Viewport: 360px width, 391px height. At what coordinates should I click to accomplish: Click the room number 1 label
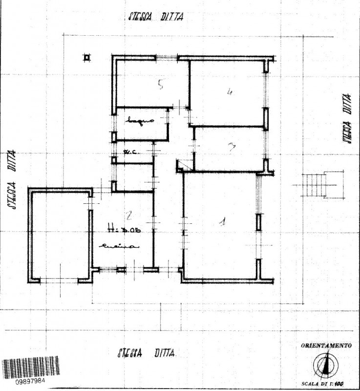click(222, 222)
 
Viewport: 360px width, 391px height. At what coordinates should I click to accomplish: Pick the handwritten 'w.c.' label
click(130, 152)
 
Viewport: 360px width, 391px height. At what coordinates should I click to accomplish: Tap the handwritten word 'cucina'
click(119, 247)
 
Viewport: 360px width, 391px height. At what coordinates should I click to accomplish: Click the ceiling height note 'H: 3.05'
click(120, 228)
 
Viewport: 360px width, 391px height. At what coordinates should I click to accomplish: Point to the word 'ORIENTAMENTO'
click(326, 346)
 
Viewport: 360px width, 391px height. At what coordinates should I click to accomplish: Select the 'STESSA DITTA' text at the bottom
click(146, 353)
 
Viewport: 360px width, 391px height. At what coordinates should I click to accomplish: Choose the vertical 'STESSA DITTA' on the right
click(348, 118)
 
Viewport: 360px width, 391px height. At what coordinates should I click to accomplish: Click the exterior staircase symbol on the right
click(316, 185)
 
